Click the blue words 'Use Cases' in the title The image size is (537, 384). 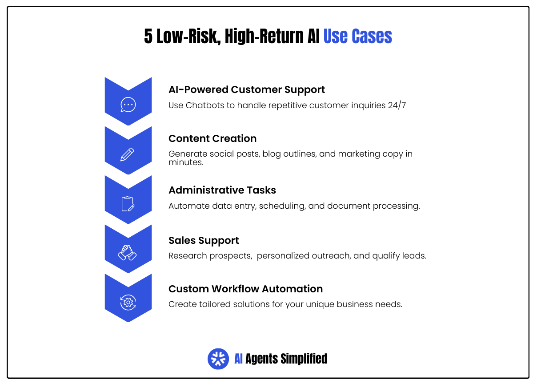pyautogui.click(x=357, y=36)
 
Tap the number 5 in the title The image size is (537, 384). pyautogui.click(x=148, y=36)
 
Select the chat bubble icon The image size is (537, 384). pyautogui.click(x=128, y=105)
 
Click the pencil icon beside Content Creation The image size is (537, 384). pyautogui.click(x=128, y=154)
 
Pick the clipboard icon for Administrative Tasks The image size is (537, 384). pyautogui.click(x=128, y=203)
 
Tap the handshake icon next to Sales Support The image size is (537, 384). pyautogui.click(x=128, y=252)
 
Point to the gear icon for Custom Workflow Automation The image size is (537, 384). pyautogui.click(x=128, y=302)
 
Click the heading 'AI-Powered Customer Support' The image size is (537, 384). pyautogui.click(x=247, y=89)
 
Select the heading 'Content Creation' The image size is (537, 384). pyautogui.click(x=212, y=138)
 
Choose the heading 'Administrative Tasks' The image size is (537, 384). pyautogui.click(x=222, y=190)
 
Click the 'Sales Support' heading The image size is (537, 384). pyautogui.click(x=204, y=241)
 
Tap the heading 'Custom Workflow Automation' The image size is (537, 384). pyautogui.click(x=245, y=289)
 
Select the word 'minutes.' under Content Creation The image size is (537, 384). pyautogui.click(x=186, y=162)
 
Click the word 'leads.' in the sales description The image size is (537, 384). pyautogui.click(x=415, y=256)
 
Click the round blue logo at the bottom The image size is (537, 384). pyautogui.click(x=218, y=359)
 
